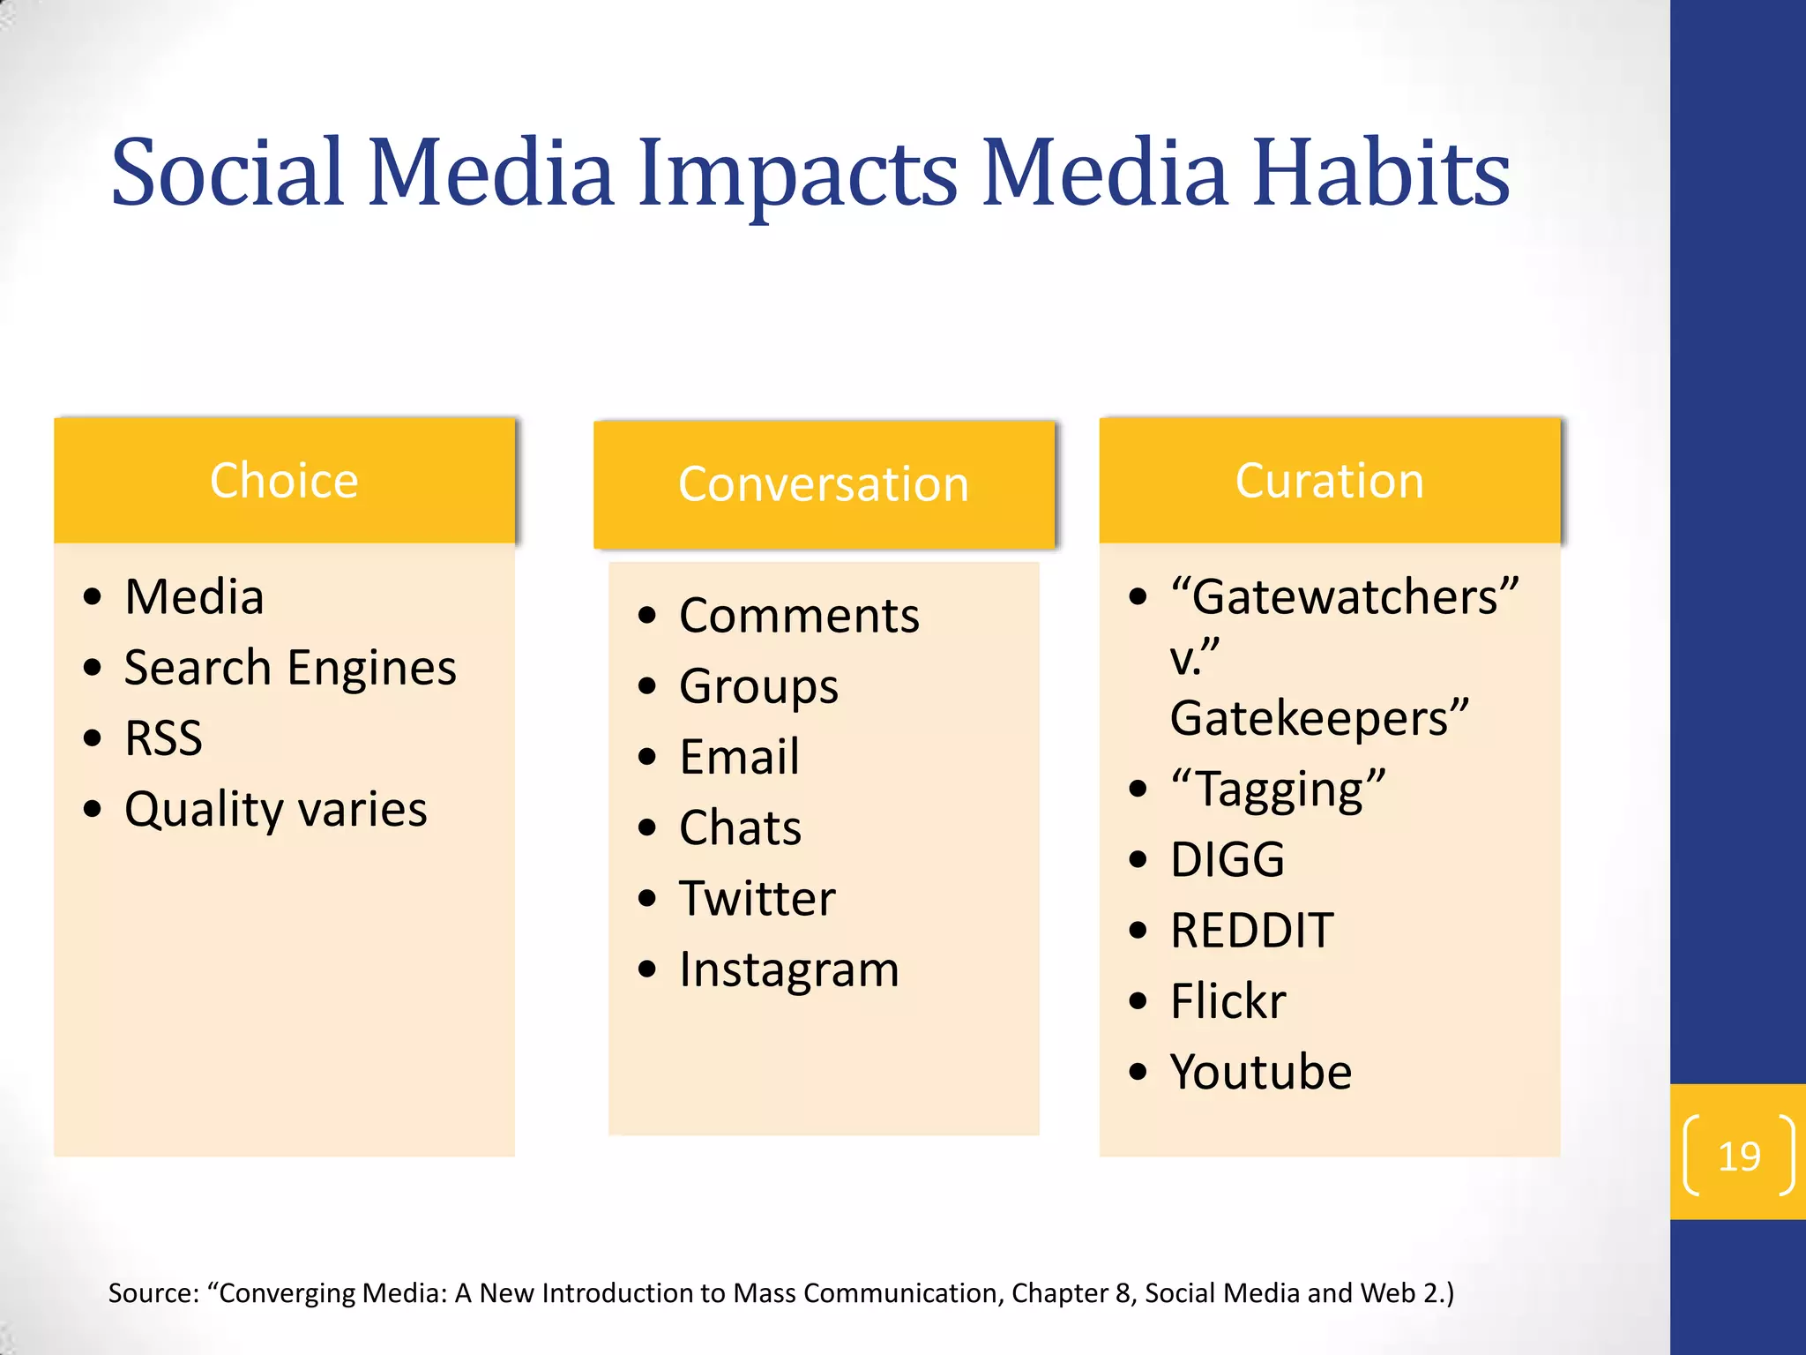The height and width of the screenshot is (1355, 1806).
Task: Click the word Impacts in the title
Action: click(x=797, y=174)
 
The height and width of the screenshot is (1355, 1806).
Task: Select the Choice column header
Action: click(x=284, y=481)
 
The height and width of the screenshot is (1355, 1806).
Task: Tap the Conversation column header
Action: click(x=824, y=484)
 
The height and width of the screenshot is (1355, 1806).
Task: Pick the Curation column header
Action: click(x=1329, y=481)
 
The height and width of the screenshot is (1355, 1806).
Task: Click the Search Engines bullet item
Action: click(x=290, y=668)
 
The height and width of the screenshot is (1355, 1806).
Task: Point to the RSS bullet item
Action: click(x=163, y=738)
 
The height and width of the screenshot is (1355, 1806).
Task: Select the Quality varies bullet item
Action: click(x=275, y=809)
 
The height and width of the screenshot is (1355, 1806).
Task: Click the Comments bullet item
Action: click(x=799, y=616)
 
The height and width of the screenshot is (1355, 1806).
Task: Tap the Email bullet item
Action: click(x=739, y=757)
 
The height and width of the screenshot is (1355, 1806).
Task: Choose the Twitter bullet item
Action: click(x=757, y=898)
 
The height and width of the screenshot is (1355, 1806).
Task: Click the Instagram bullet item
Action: click(x=788, y=969)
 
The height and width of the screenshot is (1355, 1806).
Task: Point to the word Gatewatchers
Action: click(x=1344, y=597)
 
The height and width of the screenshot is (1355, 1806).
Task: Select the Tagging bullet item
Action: click(x=1278, y=789)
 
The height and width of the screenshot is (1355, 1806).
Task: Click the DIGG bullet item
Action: click(x=1228, y=859)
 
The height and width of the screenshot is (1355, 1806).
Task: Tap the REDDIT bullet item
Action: click(x=1251, y=930)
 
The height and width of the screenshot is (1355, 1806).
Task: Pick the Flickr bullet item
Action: click(x=1228, y=1001)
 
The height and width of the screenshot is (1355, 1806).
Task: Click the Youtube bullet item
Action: click(x=1260, y=1072)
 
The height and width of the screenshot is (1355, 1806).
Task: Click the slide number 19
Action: click(x=1739, y=1157)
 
